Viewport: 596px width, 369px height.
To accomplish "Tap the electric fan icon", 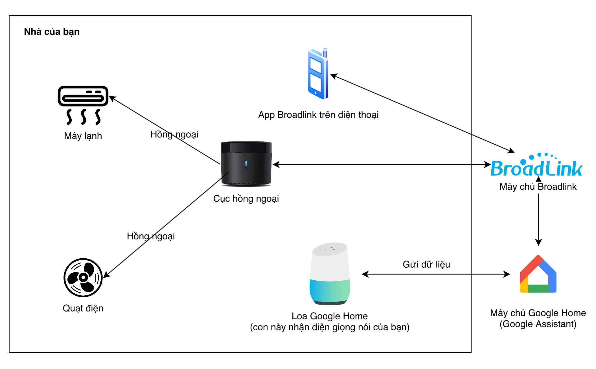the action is tap(83, 278).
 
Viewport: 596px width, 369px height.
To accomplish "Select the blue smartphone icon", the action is tap(318, 73).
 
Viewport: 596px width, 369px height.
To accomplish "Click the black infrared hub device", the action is tap(246, 164).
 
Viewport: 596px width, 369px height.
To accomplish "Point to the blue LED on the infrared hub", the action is tap(246, 163).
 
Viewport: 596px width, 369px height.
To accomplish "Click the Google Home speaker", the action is tap(330, 274).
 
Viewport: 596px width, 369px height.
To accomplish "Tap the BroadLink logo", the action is tap(536, 165).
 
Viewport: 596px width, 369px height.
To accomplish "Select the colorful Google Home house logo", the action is tap(538, 274).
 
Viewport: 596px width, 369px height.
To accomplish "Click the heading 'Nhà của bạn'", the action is tap(52, 32).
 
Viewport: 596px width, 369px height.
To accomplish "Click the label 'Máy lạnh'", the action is tap(83, 136).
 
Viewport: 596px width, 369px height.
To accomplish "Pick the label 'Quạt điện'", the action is tap(83, 308).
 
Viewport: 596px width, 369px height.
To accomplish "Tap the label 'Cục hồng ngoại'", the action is tap(246, 198).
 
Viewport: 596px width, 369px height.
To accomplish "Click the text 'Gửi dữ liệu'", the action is tap(426, 264).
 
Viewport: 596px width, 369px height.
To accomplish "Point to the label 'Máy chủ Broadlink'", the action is tap(538, 187).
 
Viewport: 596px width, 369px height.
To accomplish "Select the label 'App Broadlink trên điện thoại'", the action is tap(318, 115).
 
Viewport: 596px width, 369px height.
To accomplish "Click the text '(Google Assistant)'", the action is tap(538, 324).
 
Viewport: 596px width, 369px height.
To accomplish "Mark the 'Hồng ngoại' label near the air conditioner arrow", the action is tap(174, 134).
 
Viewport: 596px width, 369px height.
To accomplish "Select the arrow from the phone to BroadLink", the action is tap(422, 113).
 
